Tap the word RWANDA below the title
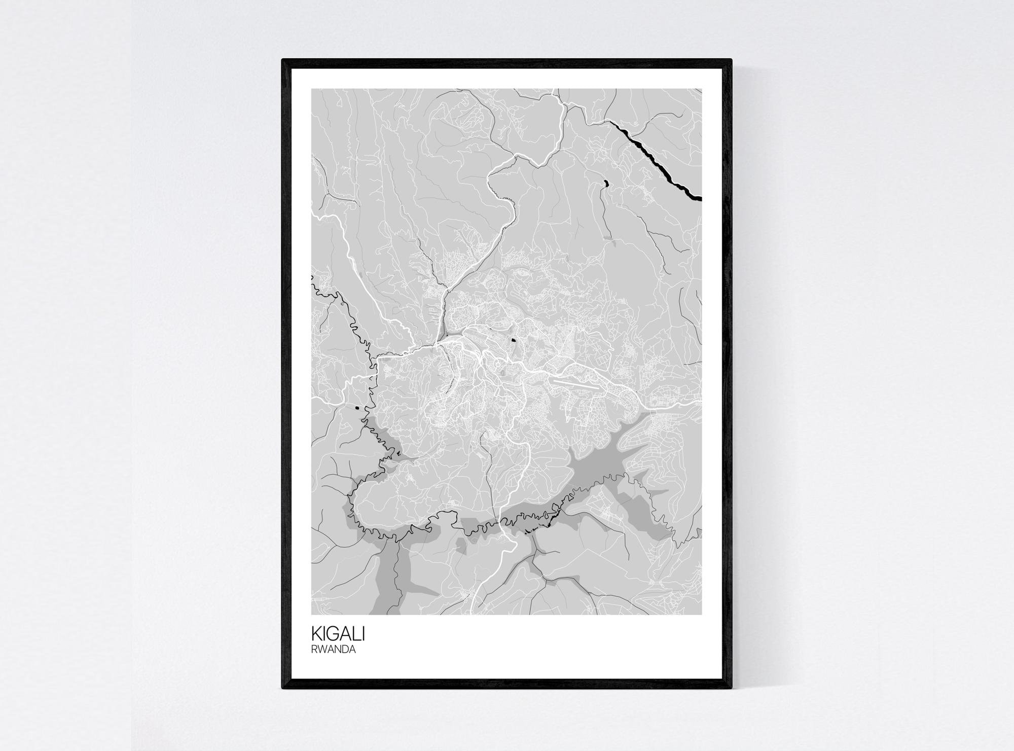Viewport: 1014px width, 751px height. pos(333,650)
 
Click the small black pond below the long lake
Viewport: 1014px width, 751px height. pos(604,184)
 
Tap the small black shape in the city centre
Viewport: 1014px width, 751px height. pos(513,341)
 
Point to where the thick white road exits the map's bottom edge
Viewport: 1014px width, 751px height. pos(473,613)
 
